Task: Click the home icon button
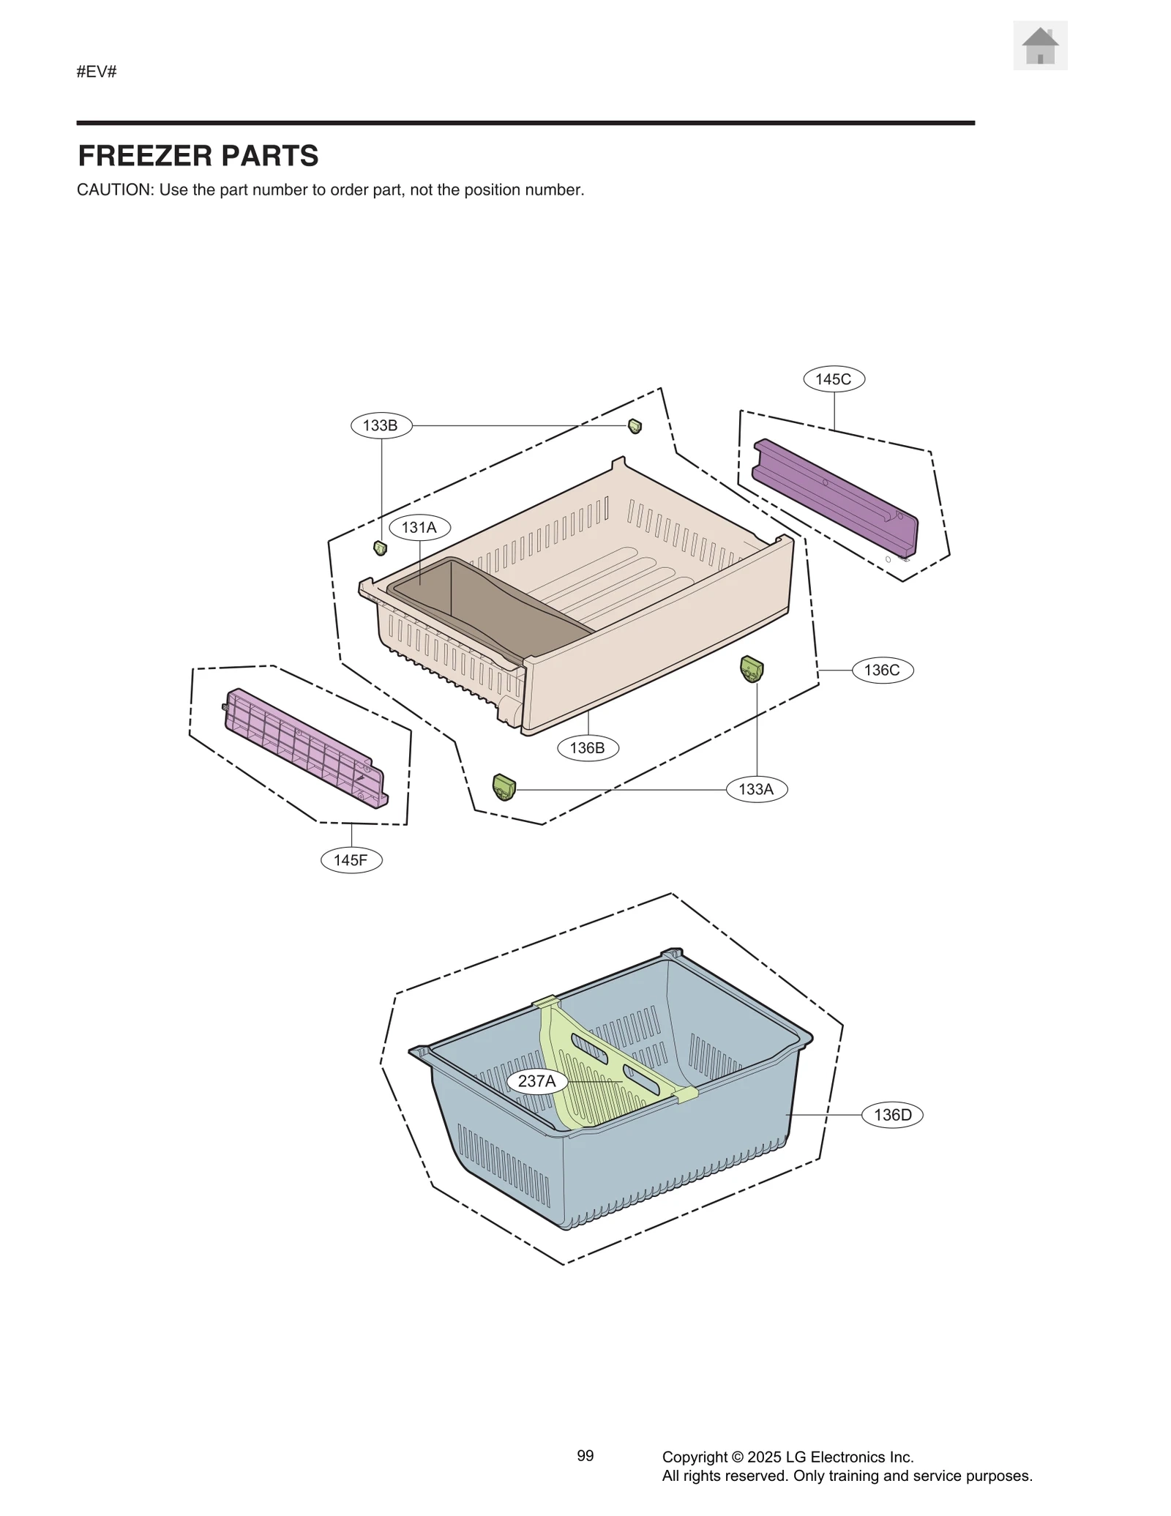1039,45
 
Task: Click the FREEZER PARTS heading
198,156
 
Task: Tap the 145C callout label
834,379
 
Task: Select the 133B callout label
381,425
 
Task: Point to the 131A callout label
419,527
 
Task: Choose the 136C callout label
882,670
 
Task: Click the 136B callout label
587,748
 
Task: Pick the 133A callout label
756,789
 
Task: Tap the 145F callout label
351,860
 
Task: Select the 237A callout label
536,1081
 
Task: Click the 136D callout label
892,1115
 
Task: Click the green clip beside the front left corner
504,788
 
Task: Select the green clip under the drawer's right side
752,668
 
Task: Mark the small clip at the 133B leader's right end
635,426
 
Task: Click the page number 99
585,1455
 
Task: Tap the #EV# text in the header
97,72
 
